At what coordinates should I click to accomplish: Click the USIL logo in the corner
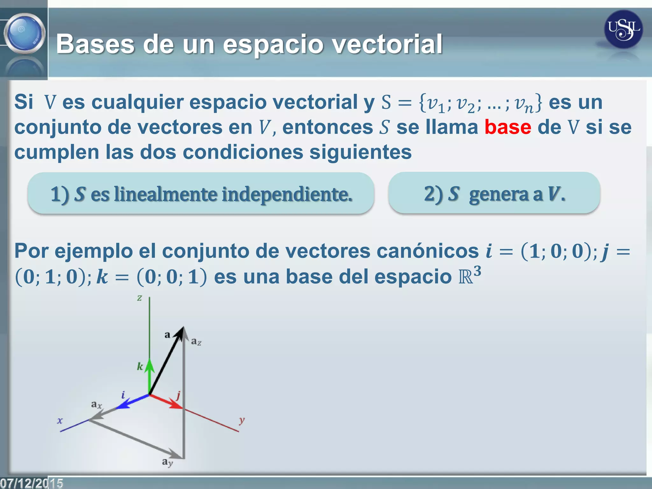[x=623, y=29]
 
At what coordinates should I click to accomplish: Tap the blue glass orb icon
[x=24, y=33]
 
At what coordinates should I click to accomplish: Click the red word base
[x=508, y=127]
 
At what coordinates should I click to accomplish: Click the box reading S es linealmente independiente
[x=201, y=194]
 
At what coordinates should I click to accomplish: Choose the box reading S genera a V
[x=494, y=193]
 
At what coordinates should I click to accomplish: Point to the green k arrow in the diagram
[x=149, y=376]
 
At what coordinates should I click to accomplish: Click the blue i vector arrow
[x=131, y=402]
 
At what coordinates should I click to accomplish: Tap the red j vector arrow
[x=167, y=402]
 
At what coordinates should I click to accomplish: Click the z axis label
[x=139, y=298]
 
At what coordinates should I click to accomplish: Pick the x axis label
[x=60, y=421]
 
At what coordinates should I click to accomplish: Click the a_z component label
[x=196, y=342]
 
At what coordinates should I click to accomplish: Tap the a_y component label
[x=167, y=462]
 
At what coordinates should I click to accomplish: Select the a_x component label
[x=96, y=405]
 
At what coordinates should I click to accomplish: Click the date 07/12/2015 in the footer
[x=31, y=483]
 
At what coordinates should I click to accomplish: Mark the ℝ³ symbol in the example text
[x=469, y=275]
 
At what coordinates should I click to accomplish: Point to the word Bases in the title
[x=96, y=44]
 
